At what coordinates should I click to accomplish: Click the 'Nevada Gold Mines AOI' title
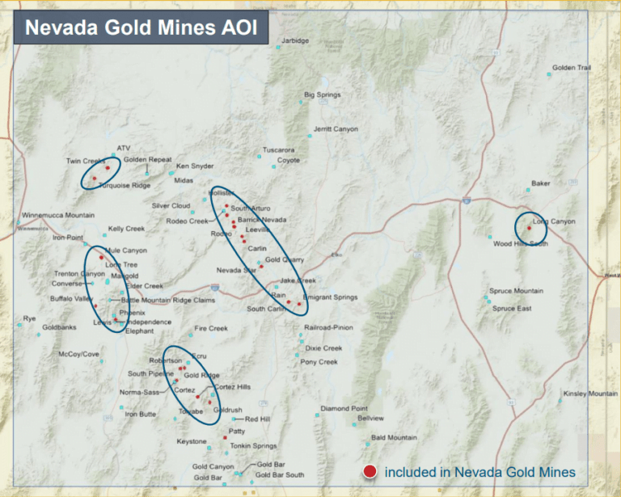141,28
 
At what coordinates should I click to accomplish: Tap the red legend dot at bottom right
370,472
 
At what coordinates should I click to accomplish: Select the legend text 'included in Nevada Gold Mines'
479,472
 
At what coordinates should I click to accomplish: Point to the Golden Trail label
571,68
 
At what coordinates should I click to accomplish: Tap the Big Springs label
322,95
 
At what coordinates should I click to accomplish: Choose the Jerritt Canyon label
335,128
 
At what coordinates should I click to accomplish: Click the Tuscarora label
279,150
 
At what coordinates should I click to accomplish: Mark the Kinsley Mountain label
590,394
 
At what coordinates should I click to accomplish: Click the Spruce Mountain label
516,291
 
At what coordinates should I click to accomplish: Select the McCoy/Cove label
79,354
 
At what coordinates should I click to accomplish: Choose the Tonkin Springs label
253,446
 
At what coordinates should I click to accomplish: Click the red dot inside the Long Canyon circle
529,229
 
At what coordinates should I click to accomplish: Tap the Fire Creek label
211,329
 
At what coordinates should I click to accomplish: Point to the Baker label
540,183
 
